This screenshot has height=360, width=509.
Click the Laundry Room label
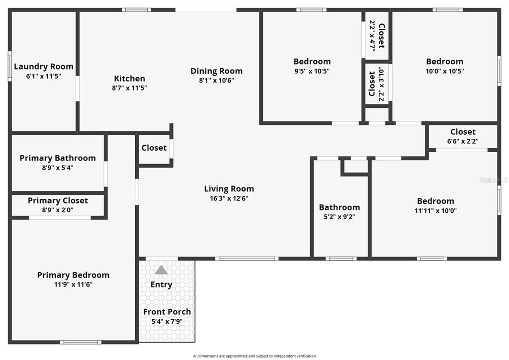tap(44, 66)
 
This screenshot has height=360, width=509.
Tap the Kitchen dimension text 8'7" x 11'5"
tap(130, 88)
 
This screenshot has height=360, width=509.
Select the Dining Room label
tap(217, 71)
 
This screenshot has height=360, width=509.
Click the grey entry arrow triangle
tap(161, 270)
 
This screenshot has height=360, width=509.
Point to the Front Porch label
tap(167, 312)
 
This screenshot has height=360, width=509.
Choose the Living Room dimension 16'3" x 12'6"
tap(229, 198)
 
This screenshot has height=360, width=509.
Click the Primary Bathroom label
tap(58, 158)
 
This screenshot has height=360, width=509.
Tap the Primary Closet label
tap(58, 200)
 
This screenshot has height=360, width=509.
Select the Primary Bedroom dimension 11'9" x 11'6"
tap(73, 284)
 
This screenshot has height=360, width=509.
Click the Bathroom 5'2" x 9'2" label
tap(339, 207)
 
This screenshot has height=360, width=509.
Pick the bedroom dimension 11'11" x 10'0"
tap(435, 210)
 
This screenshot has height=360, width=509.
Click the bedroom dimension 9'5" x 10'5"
tap(312, 71)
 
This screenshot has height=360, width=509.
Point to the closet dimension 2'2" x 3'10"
tap(382, 84)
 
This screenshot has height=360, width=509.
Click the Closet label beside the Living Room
tap(154, 148)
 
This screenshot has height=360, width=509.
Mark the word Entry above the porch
tap(161, 284)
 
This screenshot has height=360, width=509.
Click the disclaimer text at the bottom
tap(254, 356)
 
